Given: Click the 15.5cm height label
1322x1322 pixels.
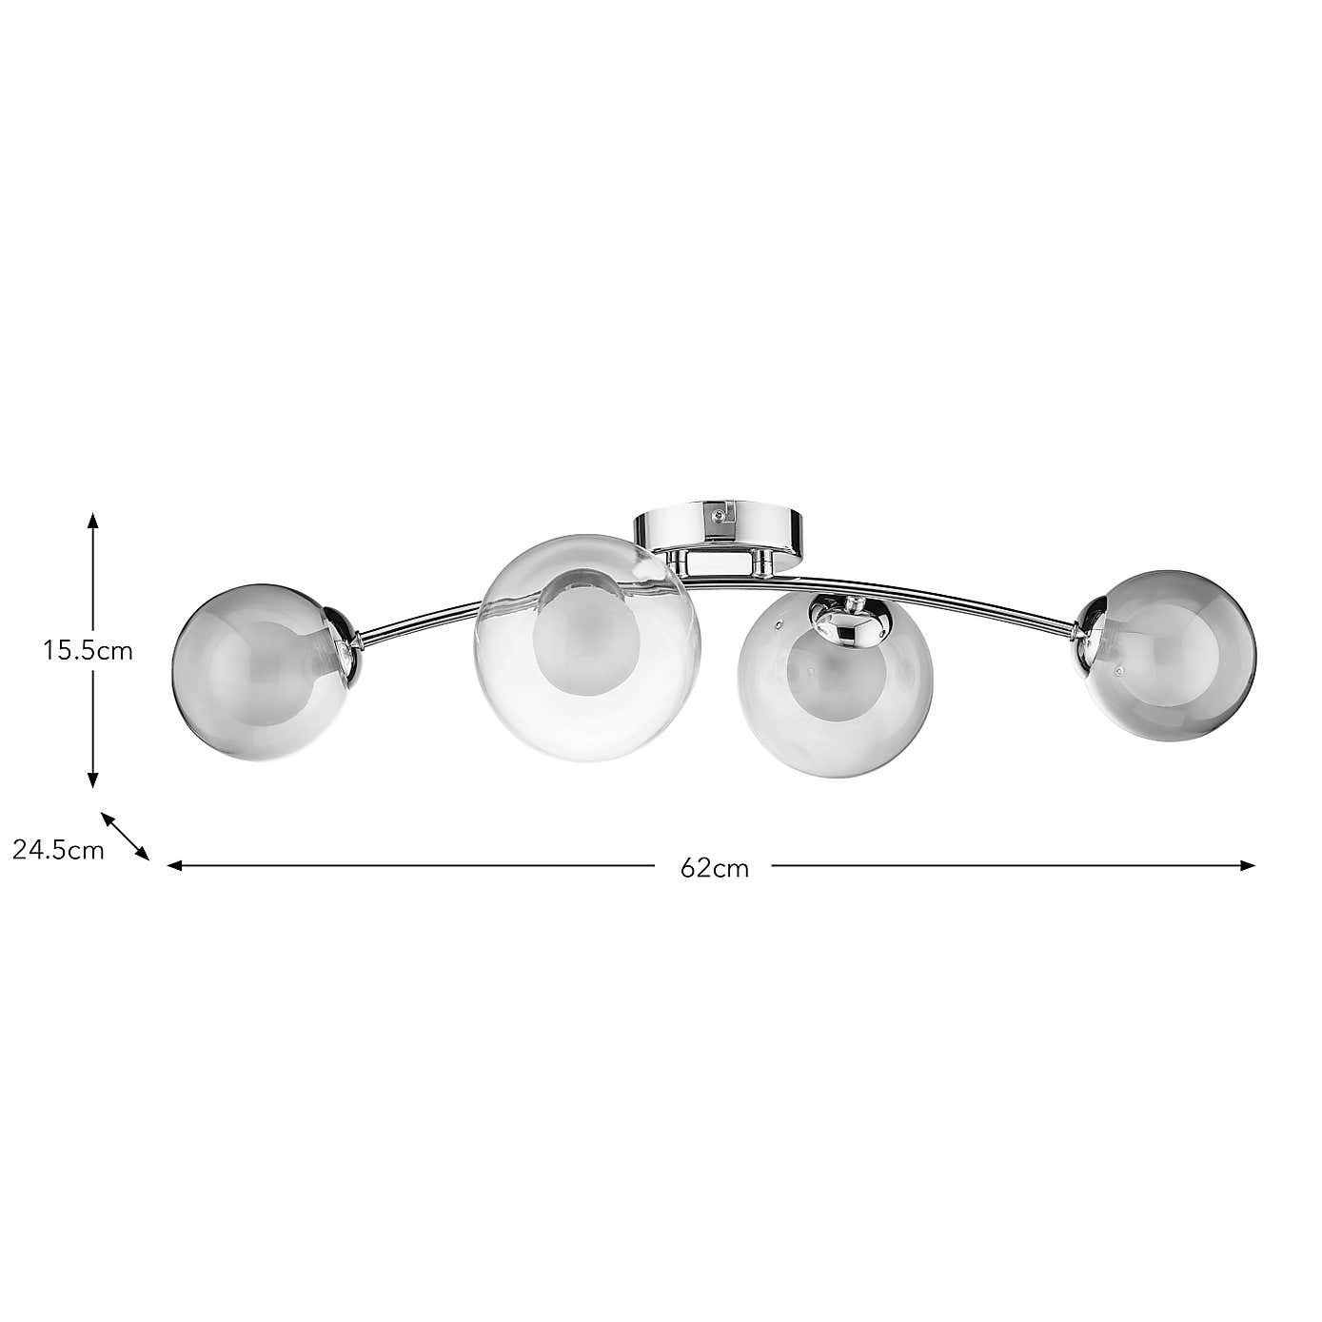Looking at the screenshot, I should [x=88, y=651].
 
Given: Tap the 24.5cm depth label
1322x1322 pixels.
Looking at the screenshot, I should [x=58, y=850].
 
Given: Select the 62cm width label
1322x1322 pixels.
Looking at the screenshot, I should [x=715, y=868].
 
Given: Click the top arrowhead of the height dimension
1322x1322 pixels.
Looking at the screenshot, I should [x=92, y=520].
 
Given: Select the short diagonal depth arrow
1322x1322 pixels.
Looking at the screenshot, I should [x=126, y=836].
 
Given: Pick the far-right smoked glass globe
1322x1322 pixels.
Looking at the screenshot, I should [x=1171, y=654].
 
